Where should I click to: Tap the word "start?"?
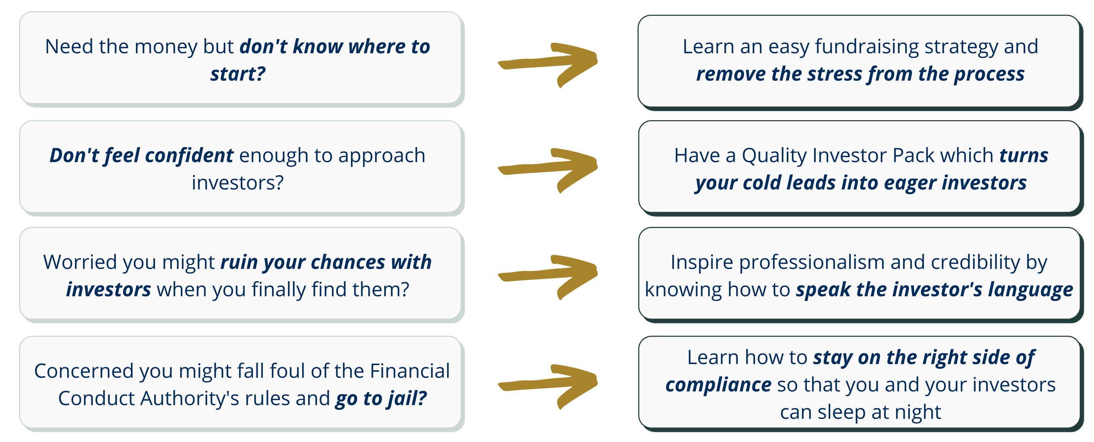point(238,74)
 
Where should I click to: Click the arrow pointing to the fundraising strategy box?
point(548,64)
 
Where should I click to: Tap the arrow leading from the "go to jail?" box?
point(548,386)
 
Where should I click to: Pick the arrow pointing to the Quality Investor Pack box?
point(548,170)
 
